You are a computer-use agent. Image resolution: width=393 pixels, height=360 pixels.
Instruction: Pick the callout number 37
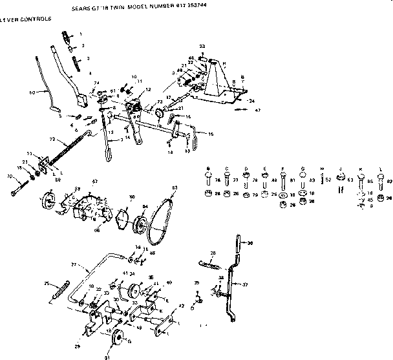(x=246, y=284)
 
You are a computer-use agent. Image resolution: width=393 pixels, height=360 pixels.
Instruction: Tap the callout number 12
(x=148, y=89)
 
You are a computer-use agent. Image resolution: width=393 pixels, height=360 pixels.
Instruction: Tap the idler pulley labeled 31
(x=118, y=341)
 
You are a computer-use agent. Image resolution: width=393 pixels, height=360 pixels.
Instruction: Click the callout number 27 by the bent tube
(x=73, y=265)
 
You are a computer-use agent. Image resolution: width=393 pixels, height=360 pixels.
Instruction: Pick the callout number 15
(x=210, y=134)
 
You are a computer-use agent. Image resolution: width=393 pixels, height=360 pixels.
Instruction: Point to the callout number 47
(x=258, y=111)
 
